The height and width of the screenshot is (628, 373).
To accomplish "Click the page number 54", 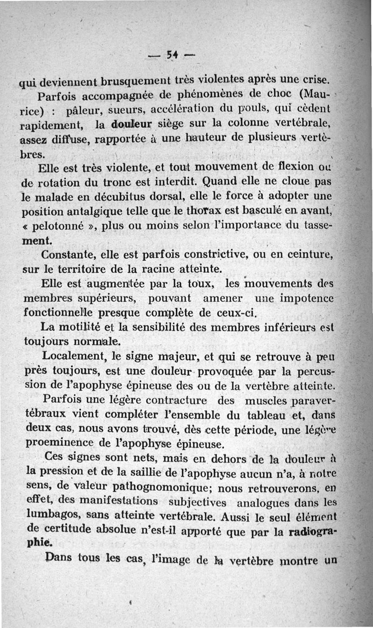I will [173, 55].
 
